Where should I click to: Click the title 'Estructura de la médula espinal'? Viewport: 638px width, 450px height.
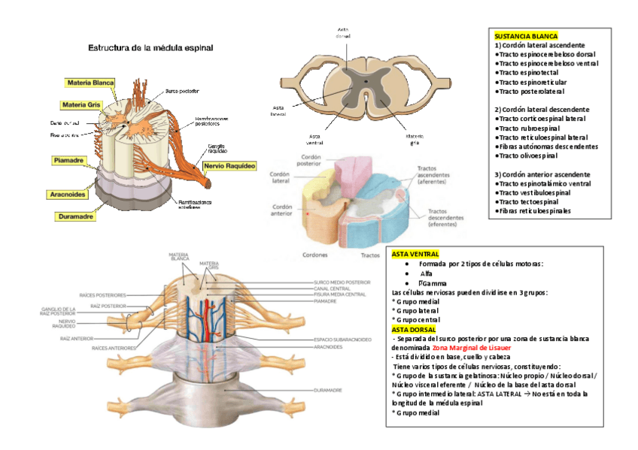click(150, 47)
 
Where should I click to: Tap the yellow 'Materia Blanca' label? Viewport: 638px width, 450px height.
click(90, 83)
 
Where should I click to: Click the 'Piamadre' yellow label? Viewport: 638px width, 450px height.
click(68, 160)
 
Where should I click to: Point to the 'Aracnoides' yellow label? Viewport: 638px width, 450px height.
click(67, 195)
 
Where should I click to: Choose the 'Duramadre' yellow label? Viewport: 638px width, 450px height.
click(76, 216)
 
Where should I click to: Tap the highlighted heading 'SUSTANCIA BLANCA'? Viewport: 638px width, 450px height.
click(526, 36)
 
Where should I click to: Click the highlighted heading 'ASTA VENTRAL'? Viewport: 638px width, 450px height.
click(415, 255)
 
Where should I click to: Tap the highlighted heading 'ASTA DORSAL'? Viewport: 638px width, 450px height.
click(413, 329)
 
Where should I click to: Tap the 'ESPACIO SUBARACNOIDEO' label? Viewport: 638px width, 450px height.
click(342, 340)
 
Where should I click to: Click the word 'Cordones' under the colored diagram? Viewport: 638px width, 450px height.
click(314, 255)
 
